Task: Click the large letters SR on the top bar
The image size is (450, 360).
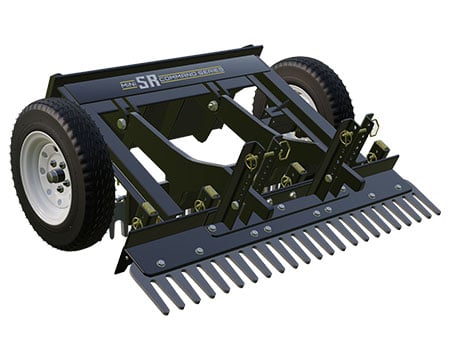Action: tap(148, 80)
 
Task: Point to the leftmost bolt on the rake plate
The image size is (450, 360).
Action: tap(160, 262)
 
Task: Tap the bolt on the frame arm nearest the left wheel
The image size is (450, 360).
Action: tap(121, 124)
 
